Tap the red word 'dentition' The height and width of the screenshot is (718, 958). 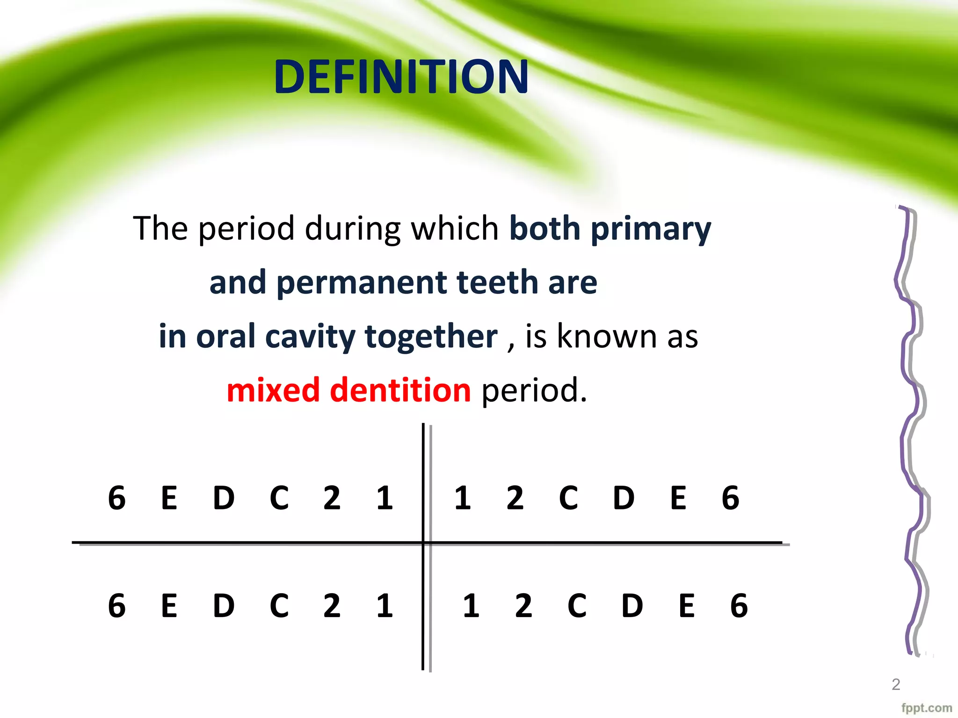[400, 390]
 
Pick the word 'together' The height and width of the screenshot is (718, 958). [431, 337]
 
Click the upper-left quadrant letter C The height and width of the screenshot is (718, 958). [279, 498]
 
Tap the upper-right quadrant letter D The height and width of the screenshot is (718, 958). [624, 498]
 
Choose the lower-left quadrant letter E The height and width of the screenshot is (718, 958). [169, 606]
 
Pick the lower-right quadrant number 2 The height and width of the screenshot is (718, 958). [523, 606]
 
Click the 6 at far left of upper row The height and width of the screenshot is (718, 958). [117, 498]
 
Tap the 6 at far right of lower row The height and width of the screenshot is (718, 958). [739, 606]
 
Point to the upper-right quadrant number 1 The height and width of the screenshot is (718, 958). [462, 498]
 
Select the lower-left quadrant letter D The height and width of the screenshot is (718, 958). [224, 606]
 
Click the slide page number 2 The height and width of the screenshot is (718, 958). [896, 684]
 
